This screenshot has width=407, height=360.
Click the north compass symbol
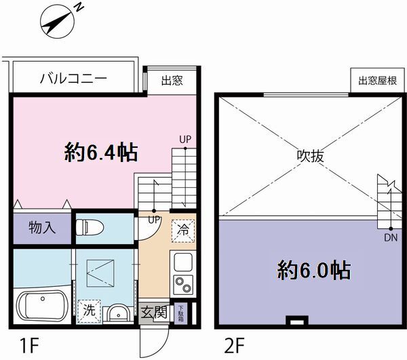coord(58,21)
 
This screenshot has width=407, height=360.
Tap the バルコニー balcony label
coord(73,78)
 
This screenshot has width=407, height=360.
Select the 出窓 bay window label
coord(172,81)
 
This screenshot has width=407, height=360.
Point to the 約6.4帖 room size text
coord(101,153)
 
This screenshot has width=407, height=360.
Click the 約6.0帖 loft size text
coord(314,271)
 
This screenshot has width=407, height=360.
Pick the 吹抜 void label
coord(311,156)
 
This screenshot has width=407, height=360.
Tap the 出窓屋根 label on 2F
coord(378,81)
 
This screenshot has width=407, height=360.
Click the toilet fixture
coord(90,228)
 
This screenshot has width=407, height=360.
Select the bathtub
coord(43,306)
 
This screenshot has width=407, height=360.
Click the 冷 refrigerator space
coord(183,231)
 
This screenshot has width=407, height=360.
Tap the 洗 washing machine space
coord(89,311)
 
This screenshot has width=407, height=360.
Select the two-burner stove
coord(183,285)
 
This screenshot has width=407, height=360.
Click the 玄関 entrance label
coord(154,312)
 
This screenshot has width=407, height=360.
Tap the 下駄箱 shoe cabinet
coord(180,313)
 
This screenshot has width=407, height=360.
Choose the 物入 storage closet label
coord(42,228)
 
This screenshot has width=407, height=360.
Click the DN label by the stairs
coord(391,237)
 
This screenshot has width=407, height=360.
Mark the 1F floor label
coord(29,346)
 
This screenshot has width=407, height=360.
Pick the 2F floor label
coord(234,346)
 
